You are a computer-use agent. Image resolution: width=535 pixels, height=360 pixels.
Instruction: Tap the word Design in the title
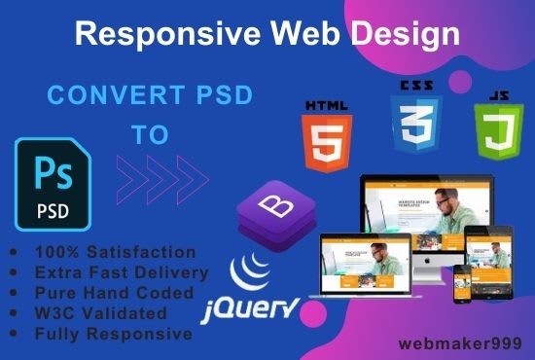pos(408,36)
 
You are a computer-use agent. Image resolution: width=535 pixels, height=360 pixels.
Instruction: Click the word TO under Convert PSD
pos(152,135)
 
